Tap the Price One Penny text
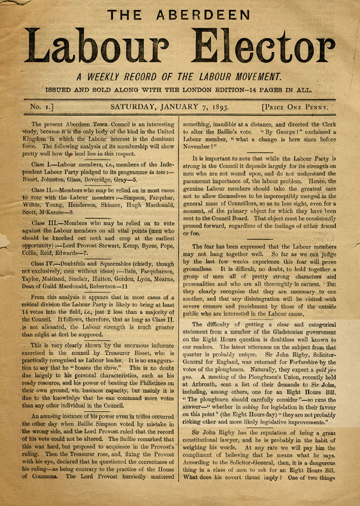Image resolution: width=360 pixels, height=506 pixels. coord(296,106)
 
